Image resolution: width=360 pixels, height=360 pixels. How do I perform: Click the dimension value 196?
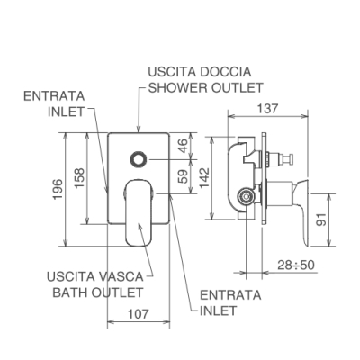click(58, 189)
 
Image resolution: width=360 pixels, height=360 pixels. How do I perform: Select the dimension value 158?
click(79, 178)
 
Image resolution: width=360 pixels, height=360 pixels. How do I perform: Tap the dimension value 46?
click(184, 146)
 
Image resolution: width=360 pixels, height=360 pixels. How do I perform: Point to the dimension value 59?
click(184, 176)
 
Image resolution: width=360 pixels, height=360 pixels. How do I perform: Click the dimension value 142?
click(204, 178)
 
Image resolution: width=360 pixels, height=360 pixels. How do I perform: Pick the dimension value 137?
click(268, 109)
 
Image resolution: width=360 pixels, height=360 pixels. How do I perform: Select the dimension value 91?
click(320, 220)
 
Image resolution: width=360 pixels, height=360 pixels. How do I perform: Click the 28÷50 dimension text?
click(296, 265)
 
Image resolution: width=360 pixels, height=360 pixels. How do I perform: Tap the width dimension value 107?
click(139, 314)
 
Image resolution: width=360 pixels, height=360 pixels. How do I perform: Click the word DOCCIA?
click(225, 72)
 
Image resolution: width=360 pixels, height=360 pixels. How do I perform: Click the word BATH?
click(70, 292)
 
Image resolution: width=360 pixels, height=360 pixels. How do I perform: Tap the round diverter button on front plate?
click(139, 159)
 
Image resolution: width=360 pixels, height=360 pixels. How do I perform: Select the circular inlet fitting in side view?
click(246, 197)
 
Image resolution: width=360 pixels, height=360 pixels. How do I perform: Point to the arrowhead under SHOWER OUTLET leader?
click(139, 129)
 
